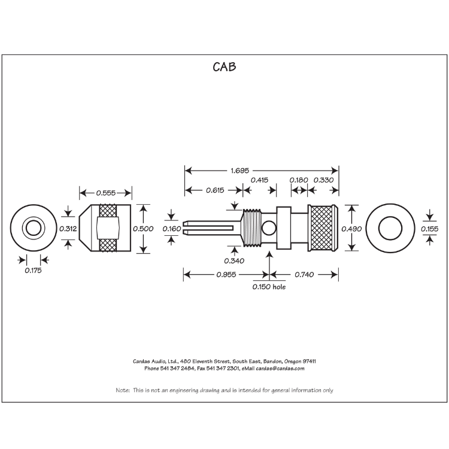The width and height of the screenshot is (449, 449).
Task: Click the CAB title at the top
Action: point(224,67)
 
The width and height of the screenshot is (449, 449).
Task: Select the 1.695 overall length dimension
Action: point(240,171)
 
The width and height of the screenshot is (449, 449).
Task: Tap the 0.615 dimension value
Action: point(215,190)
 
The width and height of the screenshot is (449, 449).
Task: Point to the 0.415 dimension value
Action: point(259,180)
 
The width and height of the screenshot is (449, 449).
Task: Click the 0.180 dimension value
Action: point(299,180)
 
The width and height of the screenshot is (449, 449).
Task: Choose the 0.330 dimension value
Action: point(323,180)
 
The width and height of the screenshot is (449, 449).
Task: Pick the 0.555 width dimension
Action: point(106,193)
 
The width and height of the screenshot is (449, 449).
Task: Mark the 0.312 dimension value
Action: point(68,229)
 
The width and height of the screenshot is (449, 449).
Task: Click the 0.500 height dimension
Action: point(143,229)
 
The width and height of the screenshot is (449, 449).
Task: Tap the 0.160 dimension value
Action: point(172,229)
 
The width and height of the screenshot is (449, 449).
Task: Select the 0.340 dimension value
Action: point(234,261)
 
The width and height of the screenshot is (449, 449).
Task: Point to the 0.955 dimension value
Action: point(226,275)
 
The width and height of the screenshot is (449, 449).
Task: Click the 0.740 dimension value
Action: point(304,275)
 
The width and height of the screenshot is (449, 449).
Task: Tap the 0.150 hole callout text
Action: point(269,287)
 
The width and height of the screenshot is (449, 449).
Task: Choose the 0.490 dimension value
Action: point(351,229)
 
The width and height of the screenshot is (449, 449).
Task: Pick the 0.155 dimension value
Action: point(429,229)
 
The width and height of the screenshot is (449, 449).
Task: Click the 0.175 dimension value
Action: point(33,271)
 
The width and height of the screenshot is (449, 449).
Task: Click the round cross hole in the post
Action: point(269,228)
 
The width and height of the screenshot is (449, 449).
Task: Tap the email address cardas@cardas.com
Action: point(280,369)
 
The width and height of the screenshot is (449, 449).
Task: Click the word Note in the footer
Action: point(123,390)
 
